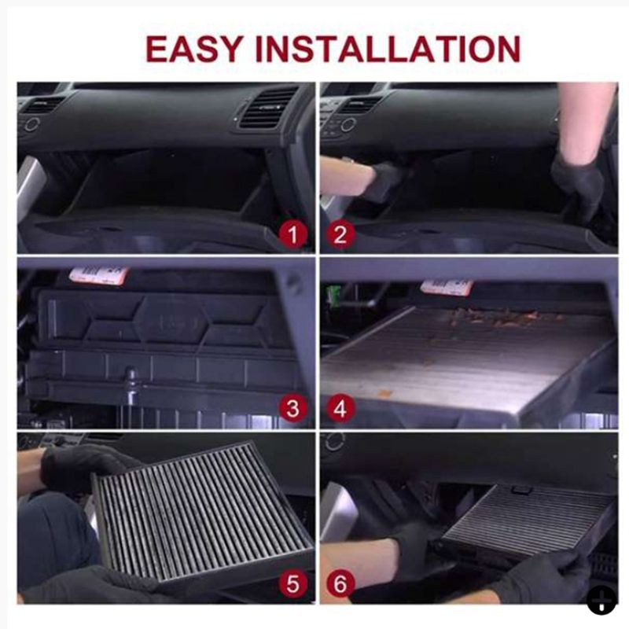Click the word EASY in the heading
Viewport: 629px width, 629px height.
pyautogui.click(x=194, y=49)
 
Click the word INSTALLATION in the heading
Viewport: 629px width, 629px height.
pyautogui.click(x=388, y=49)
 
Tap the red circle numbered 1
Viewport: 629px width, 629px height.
pyautogui.click(x=293, y=234)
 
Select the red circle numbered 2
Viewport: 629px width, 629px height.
pyautogui.click(x=340, y=234)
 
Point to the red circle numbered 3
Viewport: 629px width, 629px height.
pyautogui.click(x=293, y=408)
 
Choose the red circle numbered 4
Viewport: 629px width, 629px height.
pyautogui.click(x=340, y=408)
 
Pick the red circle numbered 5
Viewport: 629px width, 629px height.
pyautogui.click(x=293, y=583)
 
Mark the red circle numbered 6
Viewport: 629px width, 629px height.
pyautogui.click(x=340, y=583)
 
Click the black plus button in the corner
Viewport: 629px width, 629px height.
pyautogui.click(x=601, y=600)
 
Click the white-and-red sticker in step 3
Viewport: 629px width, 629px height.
pyautogui.click(x=99, y=276)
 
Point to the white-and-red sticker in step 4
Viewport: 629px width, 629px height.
pyautogui.click(x=447, y=287)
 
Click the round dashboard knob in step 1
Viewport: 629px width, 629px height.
pyautogui.click(x=31, y=124)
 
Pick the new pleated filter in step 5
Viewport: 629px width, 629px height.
pyautogui.click(x=203, y=512)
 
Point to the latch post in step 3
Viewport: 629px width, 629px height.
pyautogui.click(x=131, y=386)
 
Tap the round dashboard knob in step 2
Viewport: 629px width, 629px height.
pyautogui.click(x=348, y=125)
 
